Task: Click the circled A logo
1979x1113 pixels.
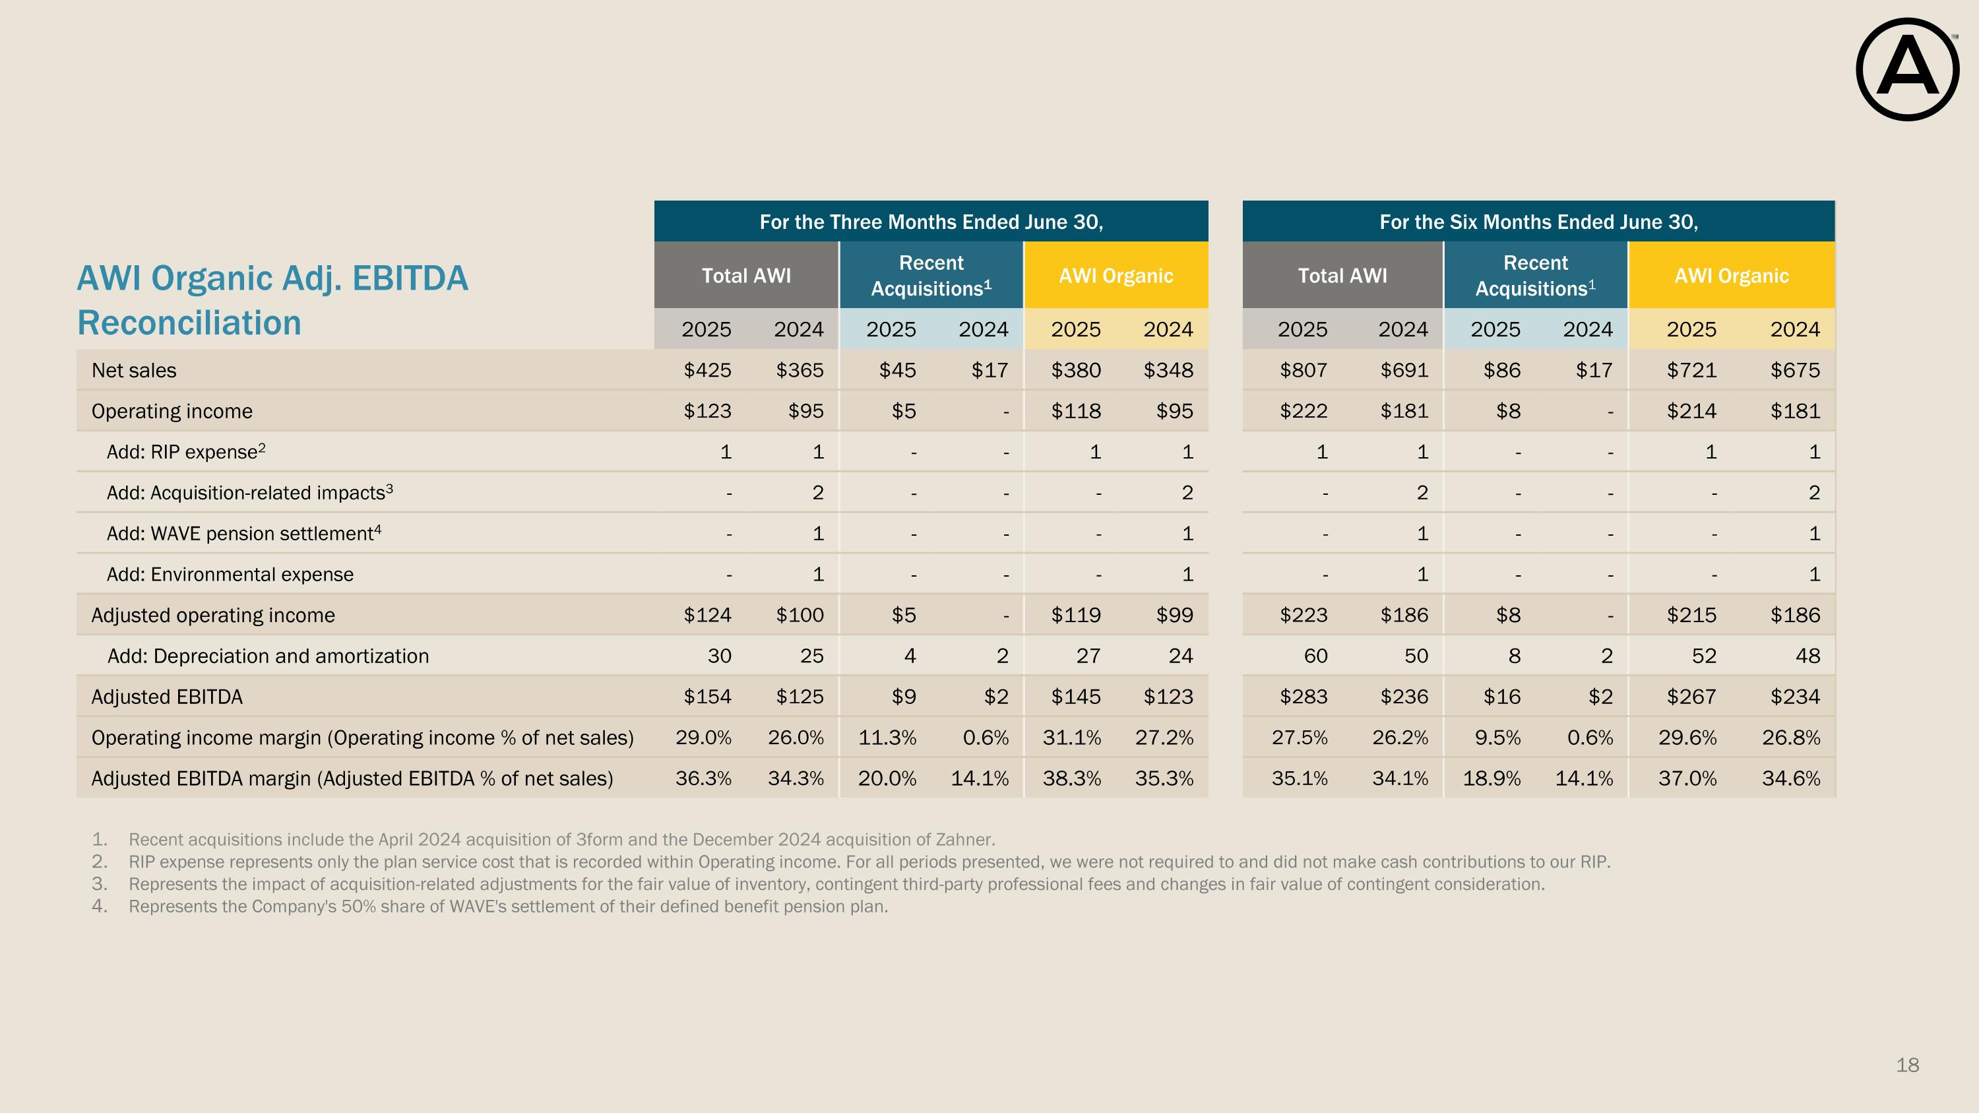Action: coord(1907,70)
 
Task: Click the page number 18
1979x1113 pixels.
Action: coord(1907,1065)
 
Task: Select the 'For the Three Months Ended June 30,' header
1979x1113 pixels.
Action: coord(930,222)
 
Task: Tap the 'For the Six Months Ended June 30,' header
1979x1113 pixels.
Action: coord(1538,222)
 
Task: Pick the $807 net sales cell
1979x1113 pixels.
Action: coord(1303,370)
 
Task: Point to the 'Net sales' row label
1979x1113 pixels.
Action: coord(134,370)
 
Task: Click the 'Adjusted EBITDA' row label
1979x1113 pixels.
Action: coord(167,697)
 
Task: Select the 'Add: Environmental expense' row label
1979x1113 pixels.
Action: coord(230,575)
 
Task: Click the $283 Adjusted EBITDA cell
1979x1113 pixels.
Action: coord(1303,697)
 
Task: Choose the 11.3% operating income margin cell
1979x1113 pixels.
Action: coord(887,738)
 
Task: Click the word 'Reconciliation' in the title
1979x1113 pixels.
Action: coord(189,323)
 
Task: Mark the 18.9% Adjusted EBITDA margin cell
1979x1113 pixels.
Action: coord(1491,778)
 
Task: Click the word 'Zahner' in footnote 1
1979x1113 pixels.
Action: coord(964,840)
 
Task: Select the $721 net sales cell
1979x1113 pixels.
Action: coord(1691,370)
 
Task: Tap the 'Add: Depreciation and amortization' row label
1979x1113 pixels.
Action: coord(268,656)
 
